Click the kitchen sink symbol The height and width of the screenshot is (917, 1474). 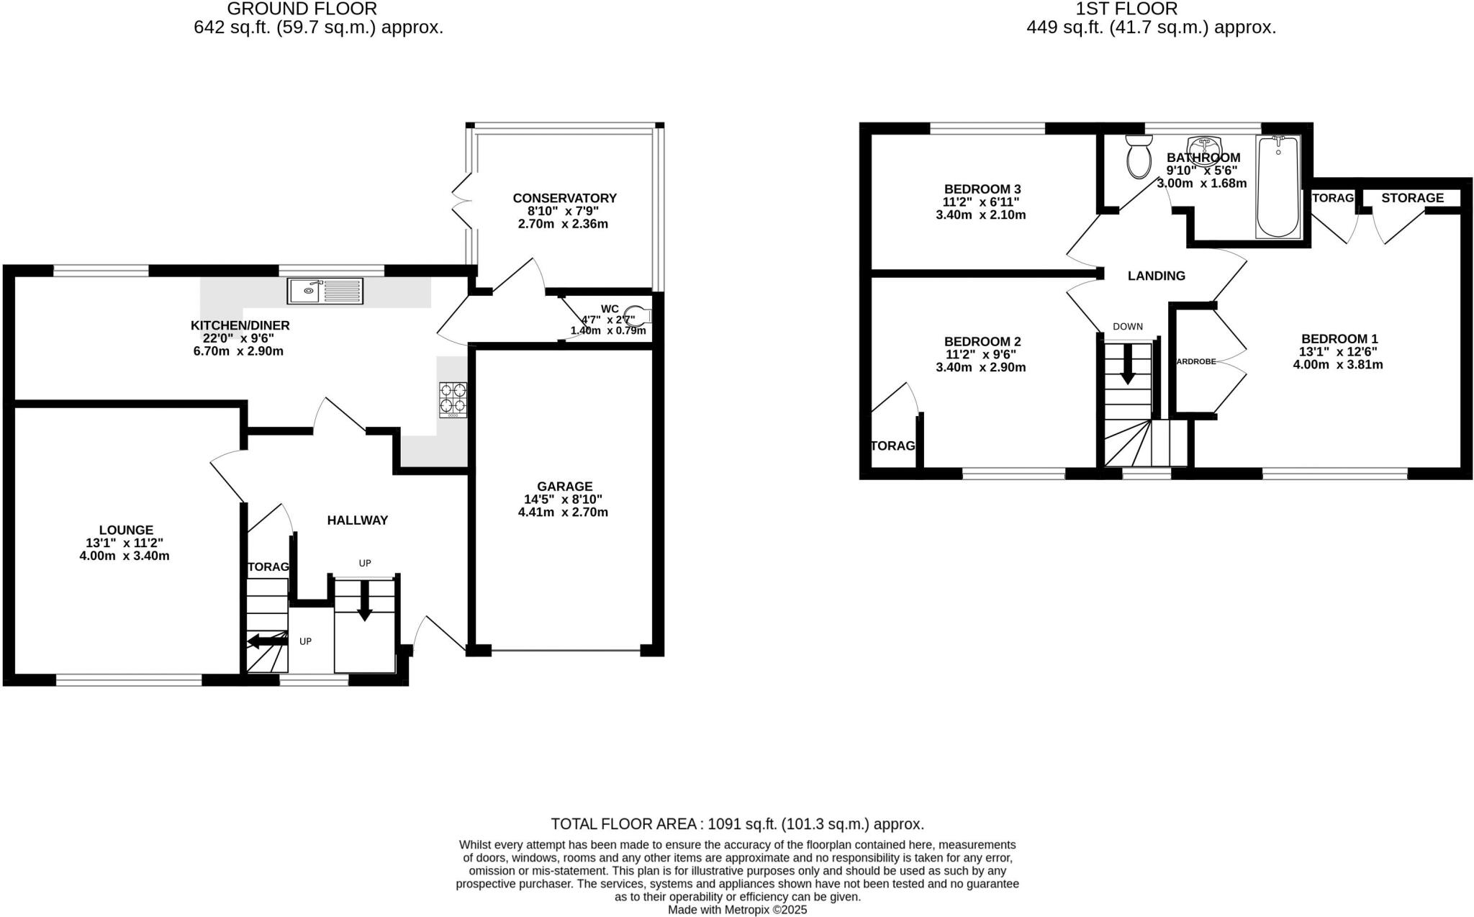pyautogui.click(x=325, y=291)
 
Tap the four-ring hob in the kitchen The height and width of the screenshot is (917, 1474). pyautogui.click(x=453, y=399)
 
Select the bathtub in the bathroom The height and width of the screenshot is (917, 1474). pyautogui.click(x=1278, y=186)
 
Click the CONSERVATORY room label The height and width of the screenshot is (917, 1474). pyautogui.click(x=564, y=198)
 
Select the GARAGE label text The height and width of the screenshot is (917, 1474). pyautogui.click(x=564, y=487)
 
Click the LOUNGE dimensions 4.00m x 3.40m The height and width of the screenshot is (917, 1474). pyautogui.click(x=125, y=556)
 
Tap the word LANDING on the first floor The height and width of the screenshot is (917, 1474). pyautogui.click(x=1156, y=276)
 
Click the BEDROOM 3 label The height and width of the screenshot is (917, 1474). pyautogui.click(x=982, y=189)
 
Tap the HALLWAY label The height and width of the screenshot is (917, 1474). pyautogui.click(x=357, y=520)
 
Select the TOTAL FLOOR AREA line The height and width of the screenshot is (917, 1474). pyautogui.click(x=737, y=824)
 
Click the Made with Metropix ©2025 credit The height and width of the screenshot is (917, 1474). pyautogui.click(x=737, y=910)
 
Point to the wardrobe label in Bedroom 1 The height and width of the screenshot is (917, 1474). pyautogui.click(x=1195, y=361)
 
